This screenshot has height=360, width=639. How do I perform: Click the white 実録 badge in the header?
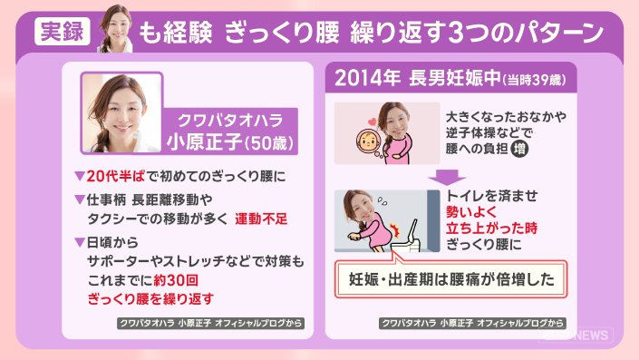[x=63, y=32]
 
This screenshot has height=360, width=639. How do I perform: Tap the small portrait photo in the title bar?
[x=116, y=29]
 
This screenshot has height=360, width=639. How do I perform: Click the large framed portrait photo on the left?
[x=121, y=113]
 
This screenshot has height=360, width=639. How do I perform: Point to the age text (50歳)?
[x=269, y=143]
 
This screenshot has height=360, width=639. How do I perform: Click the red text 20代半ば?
[x=115, y=176]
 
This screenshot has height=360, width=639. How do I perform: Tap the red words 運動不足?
[x=261, y=219]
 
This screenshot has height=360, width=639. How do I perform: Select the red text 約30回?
[x=176, y=280]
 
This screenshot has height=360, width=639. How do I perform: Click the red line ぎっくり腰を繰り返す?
[x=150, y=299]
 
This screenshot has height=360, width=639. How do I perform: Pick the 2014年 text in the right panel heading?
[x=367, y=77]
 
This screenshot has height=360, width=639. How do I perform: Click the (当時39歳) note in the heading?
[x=534, y=80]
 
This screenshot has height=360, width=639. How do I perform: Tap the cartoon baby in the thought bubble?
[x=368, y=141]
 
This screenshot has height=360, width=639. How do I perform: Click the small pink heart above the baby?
[x=373, y=122]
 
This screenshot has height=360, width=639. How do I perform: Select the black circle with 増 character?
[x=519, y=149]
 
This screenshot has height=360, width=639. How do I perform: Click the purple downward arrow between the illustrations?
[x=447, y=178]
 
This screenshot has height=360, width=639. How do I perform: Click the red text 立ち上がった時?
[x=491, y=228]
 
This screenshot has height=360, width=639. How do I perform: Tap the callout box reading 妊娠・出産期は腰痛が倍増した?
[x=451, y=279]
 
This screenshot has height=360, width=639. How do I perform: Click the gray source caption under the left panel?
[x=210, y=323]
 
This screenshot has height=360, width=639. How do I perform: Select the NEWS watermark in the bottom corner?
[x=593, y=336]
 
